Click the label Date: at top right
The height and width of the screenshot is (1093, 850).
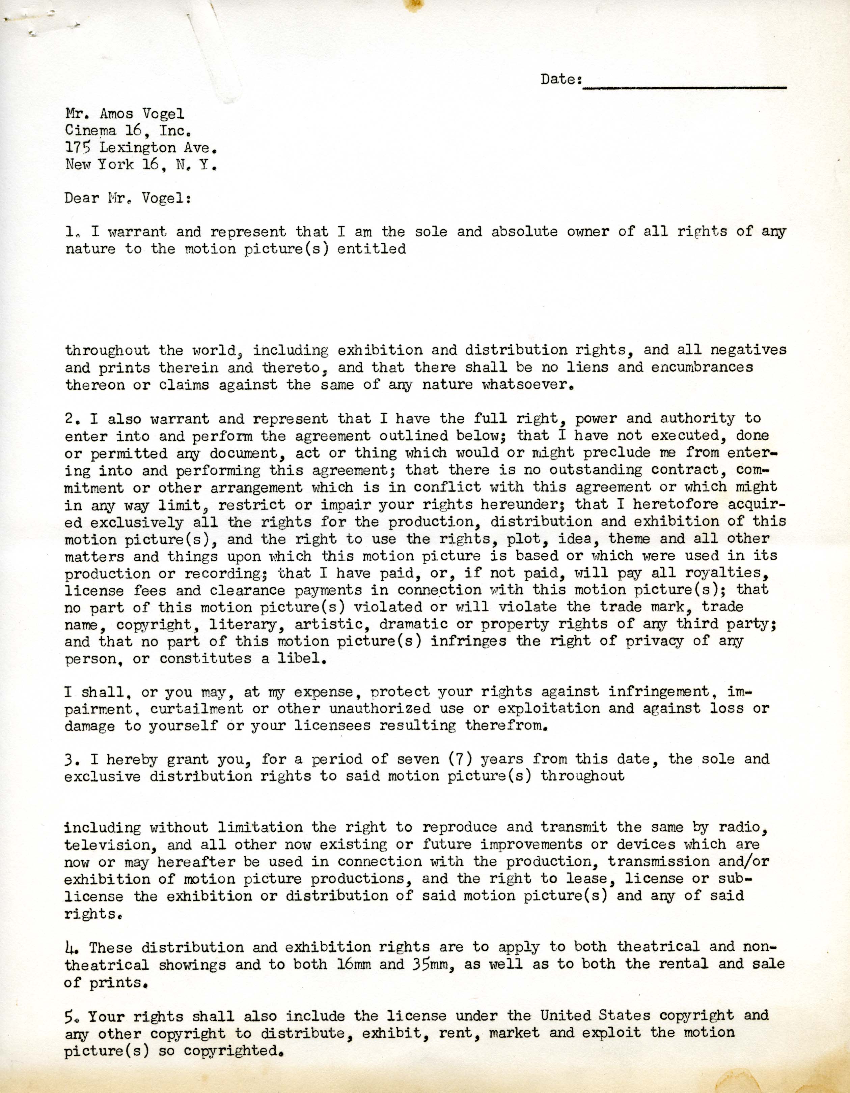(561, 79)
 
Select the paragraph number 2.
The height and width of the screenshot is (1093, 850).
(70, 418)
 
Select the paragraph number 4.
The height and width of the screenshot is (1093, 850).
(71, 947)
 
